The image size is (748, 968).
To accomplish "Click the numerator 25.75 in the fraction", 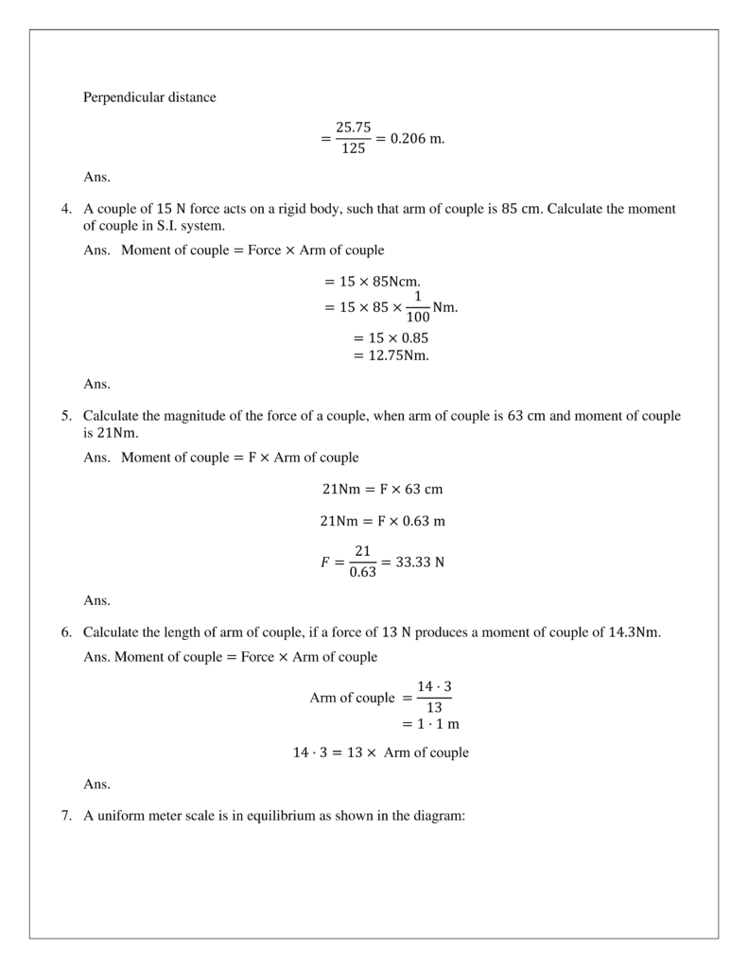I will [x=355, y=128].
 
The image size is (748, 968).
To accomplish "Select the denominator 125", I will [x=355, y=149].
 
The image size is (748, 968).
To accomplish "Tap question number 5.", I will [x=66, y=416].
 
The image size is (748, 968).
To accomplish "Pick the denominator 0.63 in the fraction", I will [x=362, y=572].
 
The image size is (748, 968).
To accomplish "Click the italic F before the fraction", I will [x=326, y=562].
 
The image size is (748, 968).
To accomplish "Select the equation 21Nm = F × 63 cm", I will [x=382, y=490].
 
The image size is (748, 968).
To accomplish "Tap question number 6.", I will [x=66, y=632].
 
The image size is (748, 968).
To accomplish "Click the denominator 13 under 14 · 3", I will [x=434, y=707].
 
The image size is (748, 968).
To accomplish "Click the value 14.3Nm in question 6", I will [x=635, y=632].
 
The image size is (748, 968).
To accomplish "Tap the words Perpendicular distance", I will [x=149, y=97].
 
